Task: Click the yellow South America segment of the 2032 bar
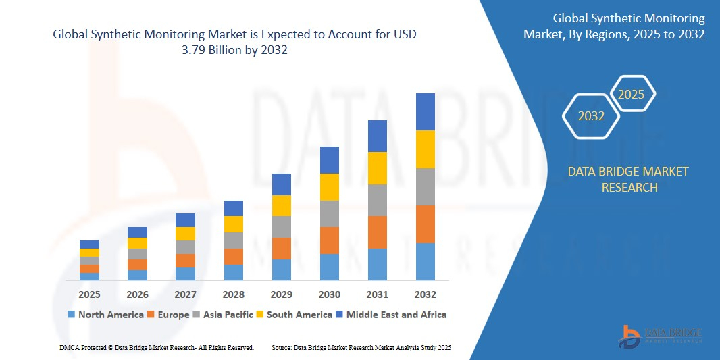pos(426,149)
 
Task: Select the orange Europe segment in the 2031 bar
pos(377,232)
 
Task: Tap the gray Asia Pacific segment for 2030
pos(329,213)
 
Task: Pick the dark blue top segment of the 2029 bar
pos(281,184)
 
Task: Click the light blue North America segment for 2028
pos(233,272)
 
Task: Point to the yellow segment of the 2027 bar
pos(185,234)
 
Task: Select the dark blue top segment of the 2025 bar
pos(89,245)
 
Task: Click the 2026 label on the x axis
pos(137,294)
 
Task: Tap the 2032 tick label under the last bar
pos(426,294)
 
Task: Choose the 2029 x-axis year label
pos(281,294)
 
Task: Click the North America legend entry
pos(105,315)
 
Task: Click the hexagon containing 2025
pos(632,95)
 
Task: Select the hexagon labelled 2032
pos(591,116)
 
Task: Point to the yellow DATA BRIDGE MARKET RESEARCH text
pos(628,179)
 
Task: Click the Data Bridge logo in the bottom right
pos(659,336)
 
